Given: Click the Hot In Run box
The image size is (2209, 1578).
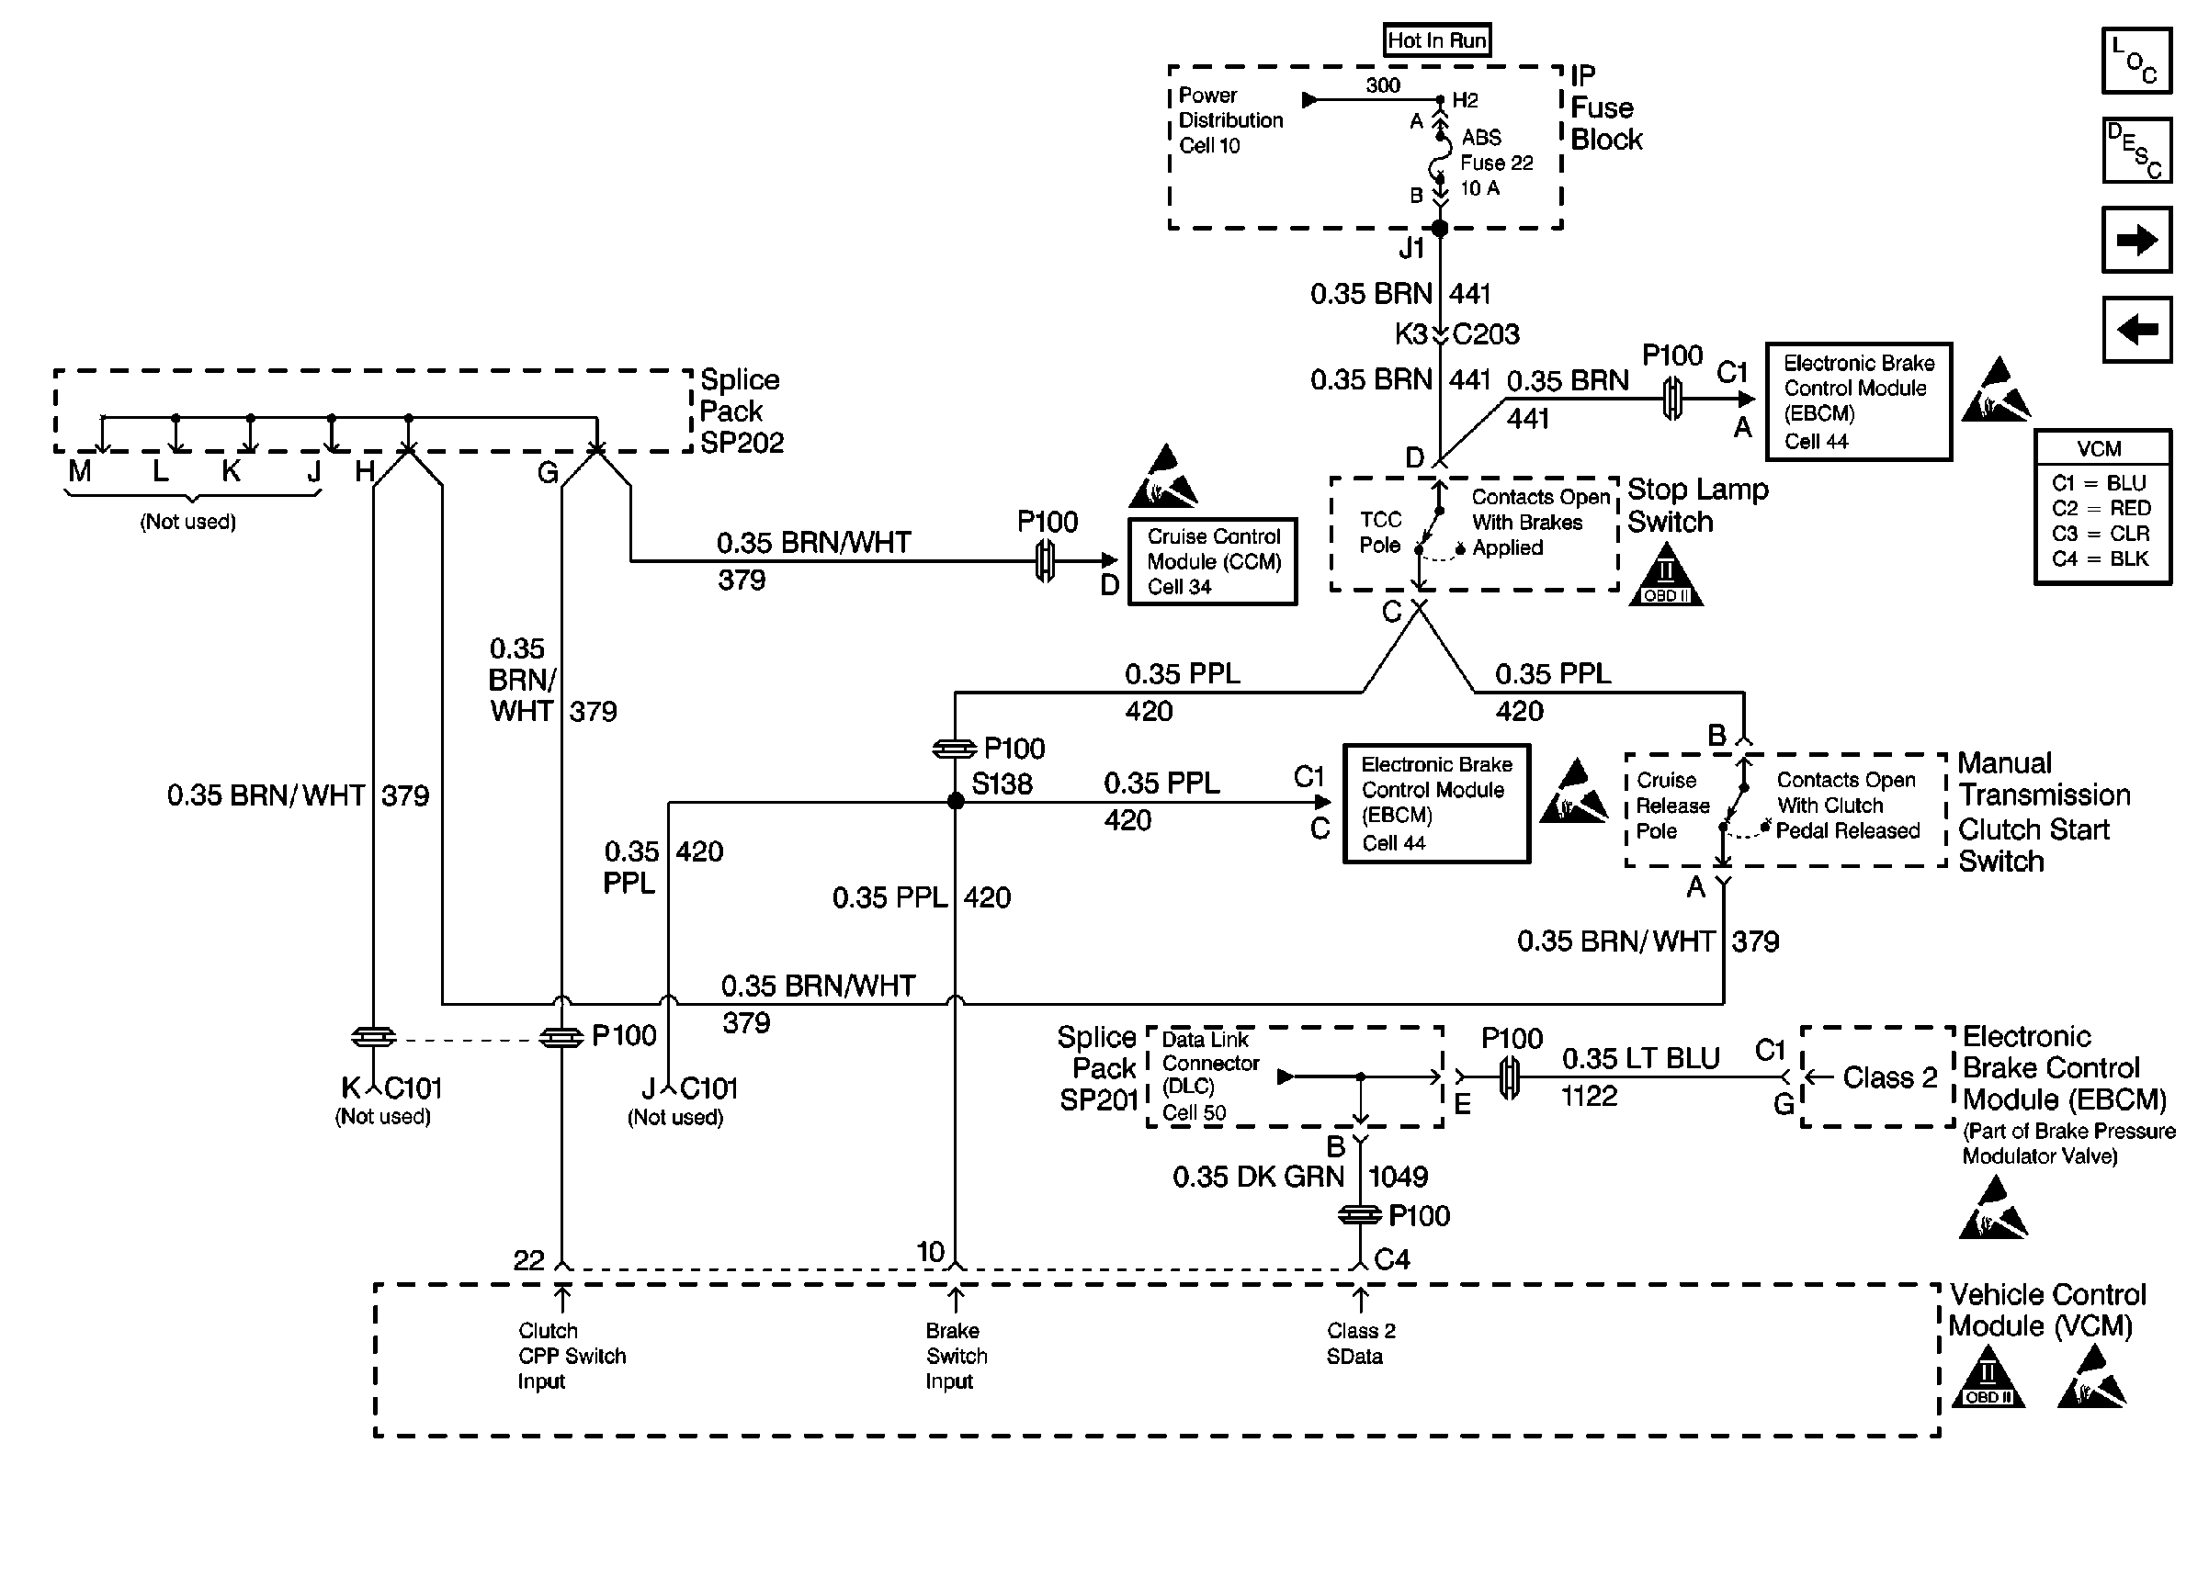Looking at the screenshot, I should coord(1436,40).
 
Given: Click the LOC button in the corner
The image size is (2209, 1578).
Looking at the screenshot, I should coord(2136,61).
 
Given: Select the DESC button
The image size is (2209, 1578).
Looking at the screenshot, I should coord(2136,151).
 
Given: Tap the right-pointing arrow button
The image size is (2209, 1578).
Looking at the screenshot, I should coord(2136,240).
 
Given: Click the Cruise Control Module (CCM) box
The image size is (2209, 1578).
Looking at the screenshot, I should coord(1212,561).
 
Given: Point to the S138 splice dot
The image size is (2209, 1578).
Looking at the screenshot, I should coord(956,802).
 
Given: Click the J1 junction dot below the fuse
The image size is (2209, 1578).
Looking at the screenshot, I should coord(1440,229).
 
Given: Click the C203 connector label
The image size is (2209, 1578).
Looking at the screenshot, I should coord(1485,334).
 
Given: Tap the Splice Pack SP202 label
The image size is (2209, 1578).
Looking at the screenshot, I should coord(741,411).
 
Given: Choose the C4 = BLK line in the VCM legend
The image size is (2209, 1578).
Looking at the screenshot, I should coord(2101,558).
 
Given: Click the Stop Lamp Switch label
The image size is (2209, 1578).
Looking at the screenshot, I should coord(1697,505).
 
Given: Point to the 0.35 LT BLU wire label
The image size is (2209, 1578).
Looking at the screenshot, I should coord(1640,1058).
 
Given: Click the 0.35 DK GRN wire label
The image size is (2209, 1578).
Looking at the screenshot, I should coord(1258,1177).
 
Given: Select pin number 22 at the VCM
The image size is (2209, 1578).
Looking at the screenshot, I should coord(528,1260).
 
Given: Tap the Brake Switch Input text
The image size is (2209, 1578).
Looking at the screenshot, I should coord(956,1356).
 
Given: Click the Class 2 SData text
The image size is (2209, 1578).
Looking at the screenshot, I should coord(1360,1343).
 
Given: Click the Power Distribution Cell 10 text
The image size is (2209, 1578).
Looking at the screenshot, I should coord(1229,120).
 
